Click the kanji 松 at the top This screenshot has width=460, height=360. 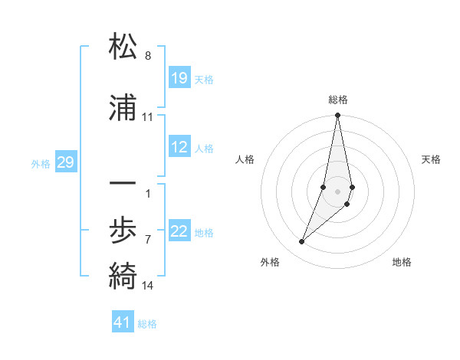click(123, 47)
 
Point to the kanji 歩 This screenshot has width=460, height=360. click(123, 231)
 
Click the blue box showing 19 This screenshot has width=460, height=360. click(179, 77)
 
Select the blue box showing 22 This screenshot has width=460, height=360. click(179, 231)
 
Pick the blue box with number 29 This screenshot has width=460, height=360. click(65, 162)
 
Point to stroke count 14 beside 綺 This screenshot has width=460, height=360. click(148, 286)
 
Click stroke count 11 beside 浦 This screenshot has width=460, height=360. click(148, 117)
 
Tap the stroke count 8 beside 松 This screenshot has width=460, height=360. click(148, 56)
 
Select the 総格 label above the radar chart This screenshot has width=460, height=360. click(338, 100)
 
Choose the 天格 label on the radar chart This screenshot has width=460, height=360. click(431, 159)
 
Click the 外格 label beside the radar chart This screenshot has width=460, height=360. click(270, 262)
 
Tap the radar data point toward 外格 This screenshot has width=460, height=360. click(302, 242)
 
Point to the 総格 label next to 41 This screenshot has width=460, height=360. click(147, 324)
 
